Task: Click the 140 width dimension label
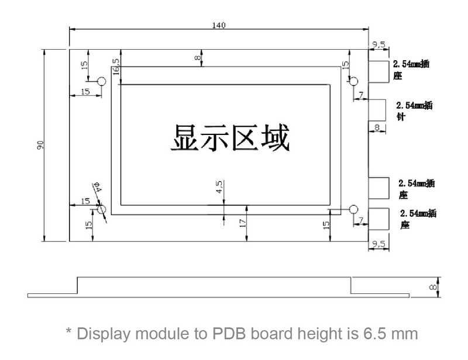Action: tap(219, 25)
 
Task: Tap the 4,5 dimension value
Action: tap(219, 188)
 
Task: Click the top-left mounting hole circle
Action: tap(101, 81)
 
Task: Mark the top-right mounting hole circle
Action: tap(353, 81)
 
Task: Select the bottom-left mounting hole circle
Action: tap(102, 209)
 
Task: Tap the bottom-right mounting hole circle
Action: tap(353, 209)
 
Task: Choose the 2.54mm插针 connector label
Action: tap(414, 110)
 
